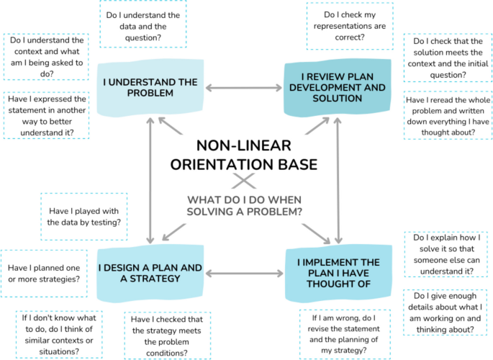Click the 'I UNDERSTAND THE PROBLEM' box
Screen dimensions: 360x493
[149, 88]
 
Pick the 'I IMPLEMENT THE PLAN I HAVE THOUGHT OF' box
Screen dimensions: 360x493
[335, 274]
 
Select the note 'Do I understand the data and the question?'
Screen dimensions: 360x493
[143, 26]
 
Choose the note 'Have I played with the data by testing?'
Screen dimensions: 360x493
[84, 217]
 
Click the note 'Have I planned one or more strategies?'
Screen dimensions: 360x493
[43, 273]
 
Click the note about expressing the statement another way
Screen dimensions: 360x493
[47, 116]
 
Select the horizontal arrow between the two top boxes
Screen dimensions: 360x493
[243, 88]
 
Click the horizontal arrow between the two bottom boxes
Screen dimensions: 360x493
[243, 274]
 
